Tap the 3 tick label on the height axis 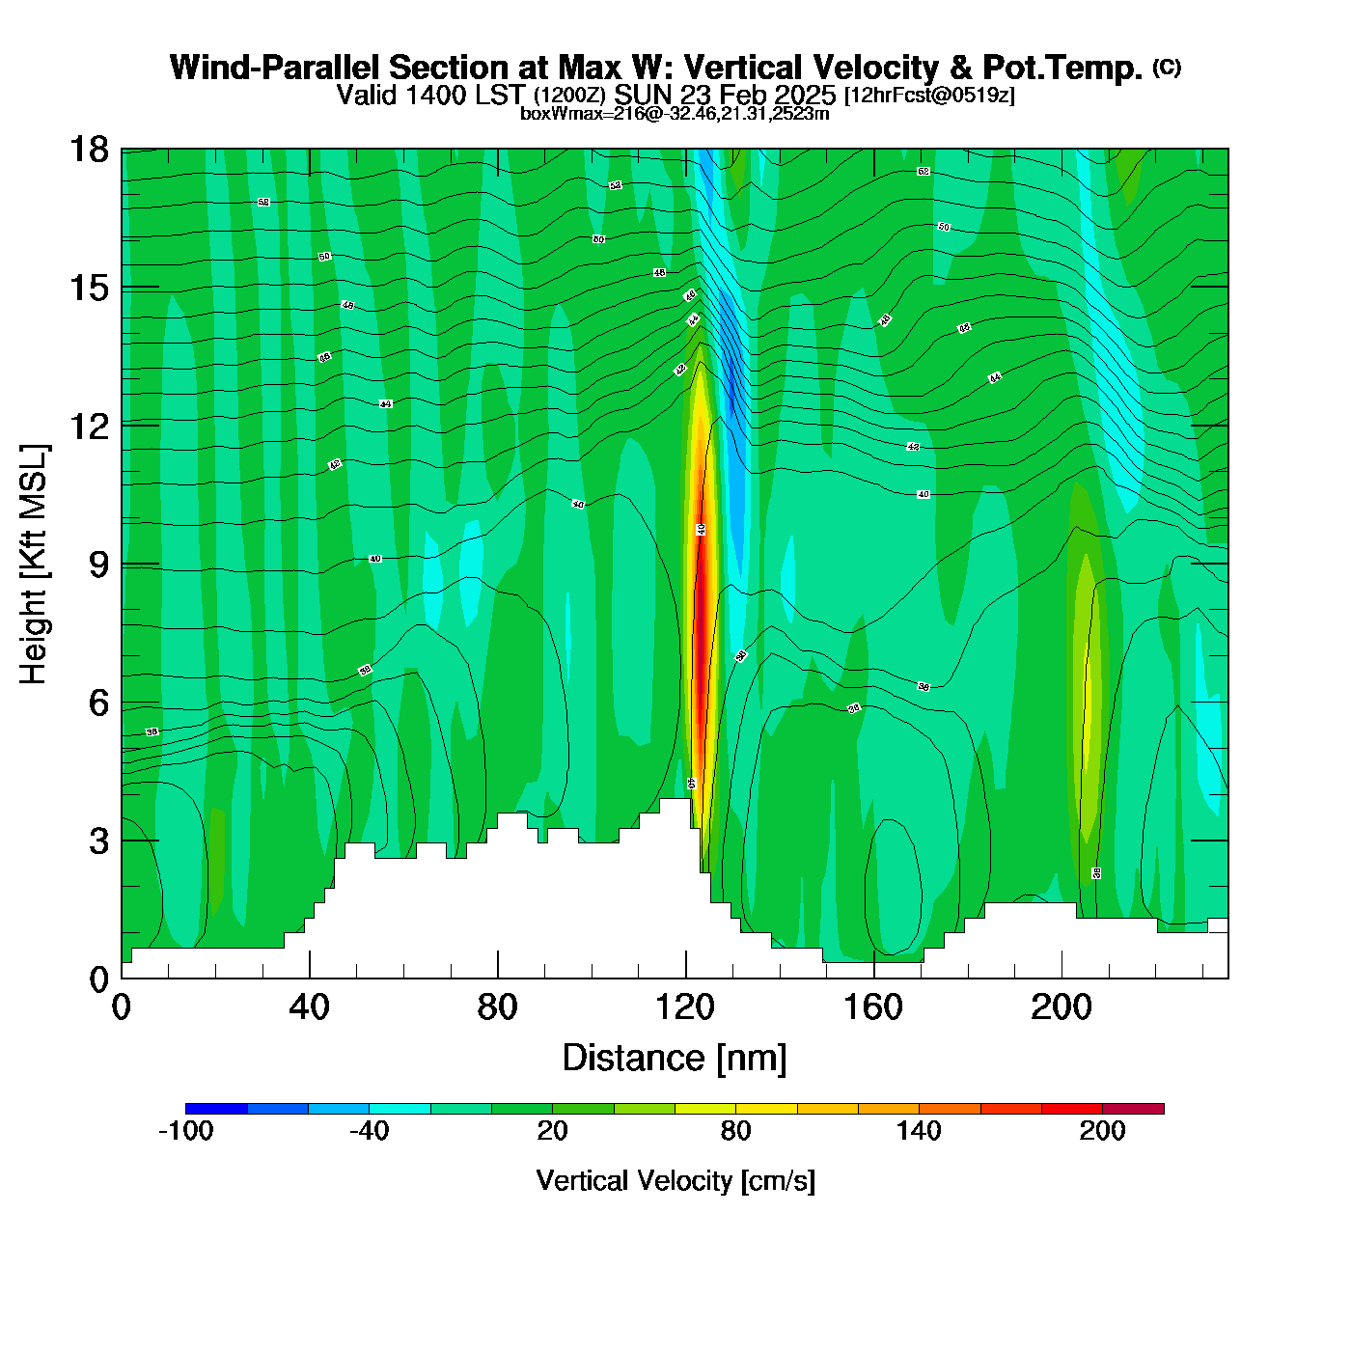98,841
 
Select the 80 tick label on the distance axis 497,1007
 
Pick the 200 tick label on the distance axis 1061,1007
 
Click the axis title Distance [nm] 675,1058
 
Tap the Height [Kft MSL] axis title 34,565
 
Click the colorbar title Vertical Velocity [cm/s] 675,1180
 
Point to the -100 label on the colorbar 185,1131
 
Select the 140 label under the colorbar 919,1131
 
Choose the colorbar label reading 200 1102,1131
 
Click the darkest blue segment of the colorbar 216,1108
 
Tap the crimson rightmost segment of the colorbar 1133,1108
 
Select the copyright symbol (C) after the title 1167,67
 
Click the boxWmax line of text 675,114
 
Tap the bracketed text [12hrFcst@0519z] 929,96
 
